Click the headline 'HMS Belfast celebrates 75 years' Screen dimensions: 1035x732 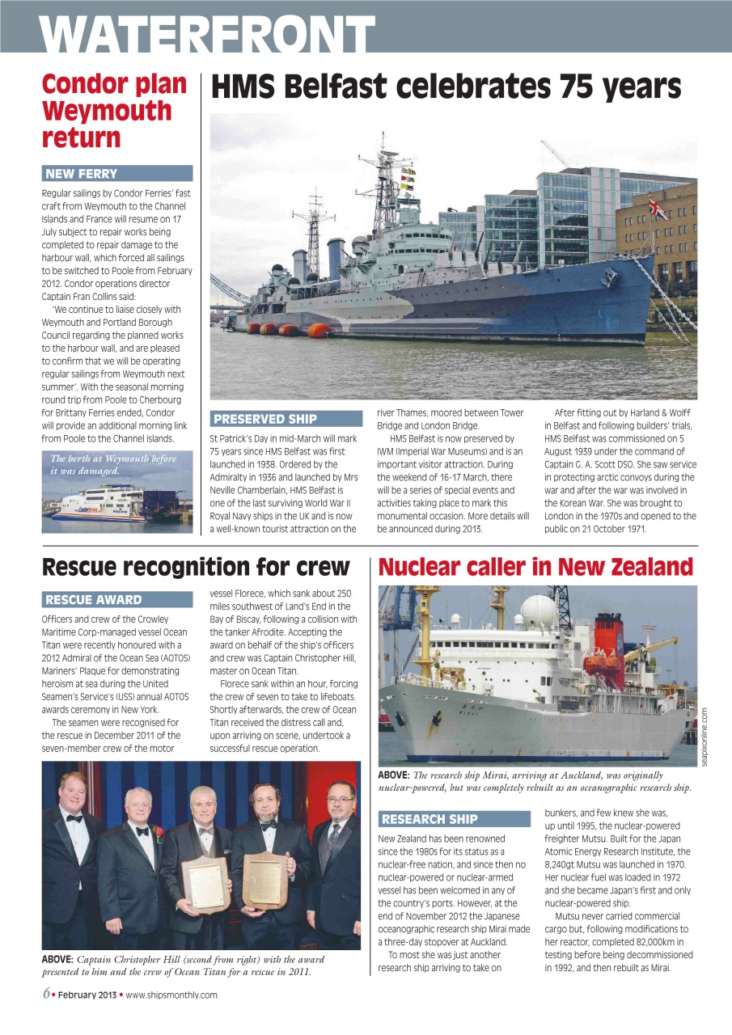(446, 87)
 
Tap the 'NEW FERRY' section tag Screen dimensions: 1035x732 (82, 174)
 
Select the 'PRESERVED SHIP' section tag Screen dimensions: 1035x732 (264, 419)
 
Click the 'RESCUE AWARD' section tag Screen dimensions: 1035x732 (94, 600)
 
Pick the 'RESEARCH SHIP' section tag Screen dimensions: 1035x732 (429, 819)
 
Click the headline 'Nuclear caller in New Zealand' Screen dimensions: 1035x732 (535, 567)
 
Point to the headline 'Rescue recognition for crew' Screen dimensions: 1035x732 (196, 567)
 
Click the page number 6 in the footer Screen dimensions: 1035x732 (47, 995)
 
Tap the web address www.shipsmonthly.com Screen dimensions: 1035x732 (171, 995)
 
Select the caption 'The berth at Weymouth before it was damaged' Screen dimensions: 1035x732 (113, 465)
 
